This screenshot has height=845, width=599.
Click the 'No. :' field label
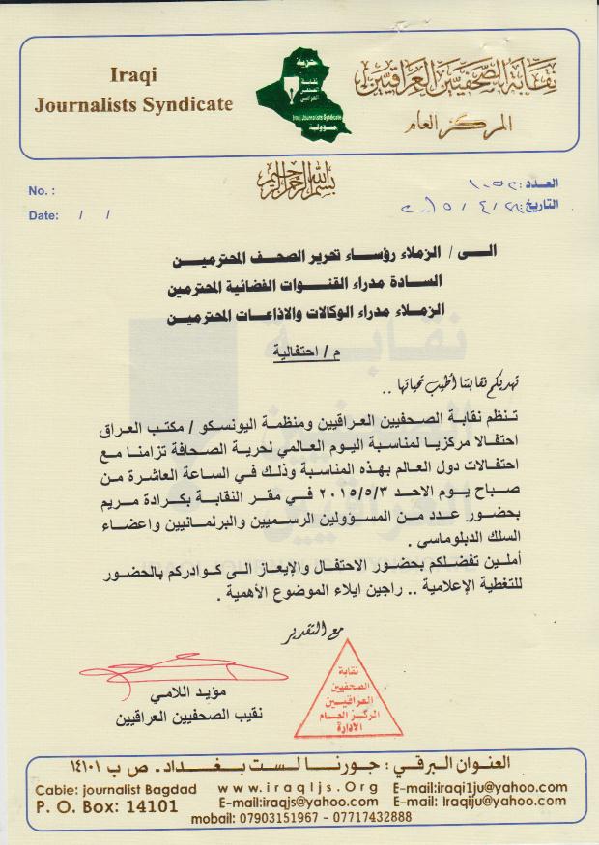43,190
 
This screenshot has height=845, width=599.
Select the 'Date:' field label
44,215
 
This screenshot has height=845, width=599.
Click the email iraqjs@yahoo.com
297,803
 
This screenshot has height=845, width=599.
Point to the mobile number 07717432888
377,817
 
